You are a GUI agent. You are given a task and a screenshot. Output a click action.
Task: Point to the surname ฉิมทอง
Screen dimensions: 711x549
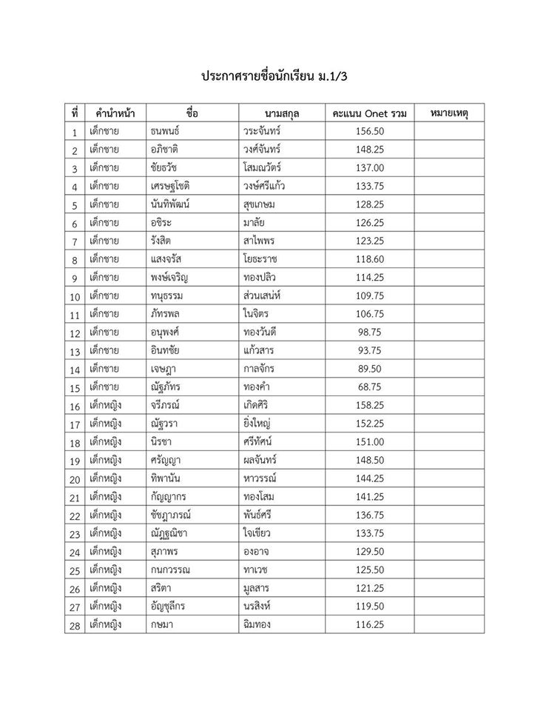coord(257,625)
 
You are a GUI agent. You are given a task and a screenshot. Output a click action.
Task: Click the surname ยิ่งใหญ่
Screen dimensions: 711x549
coord(260,424)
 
